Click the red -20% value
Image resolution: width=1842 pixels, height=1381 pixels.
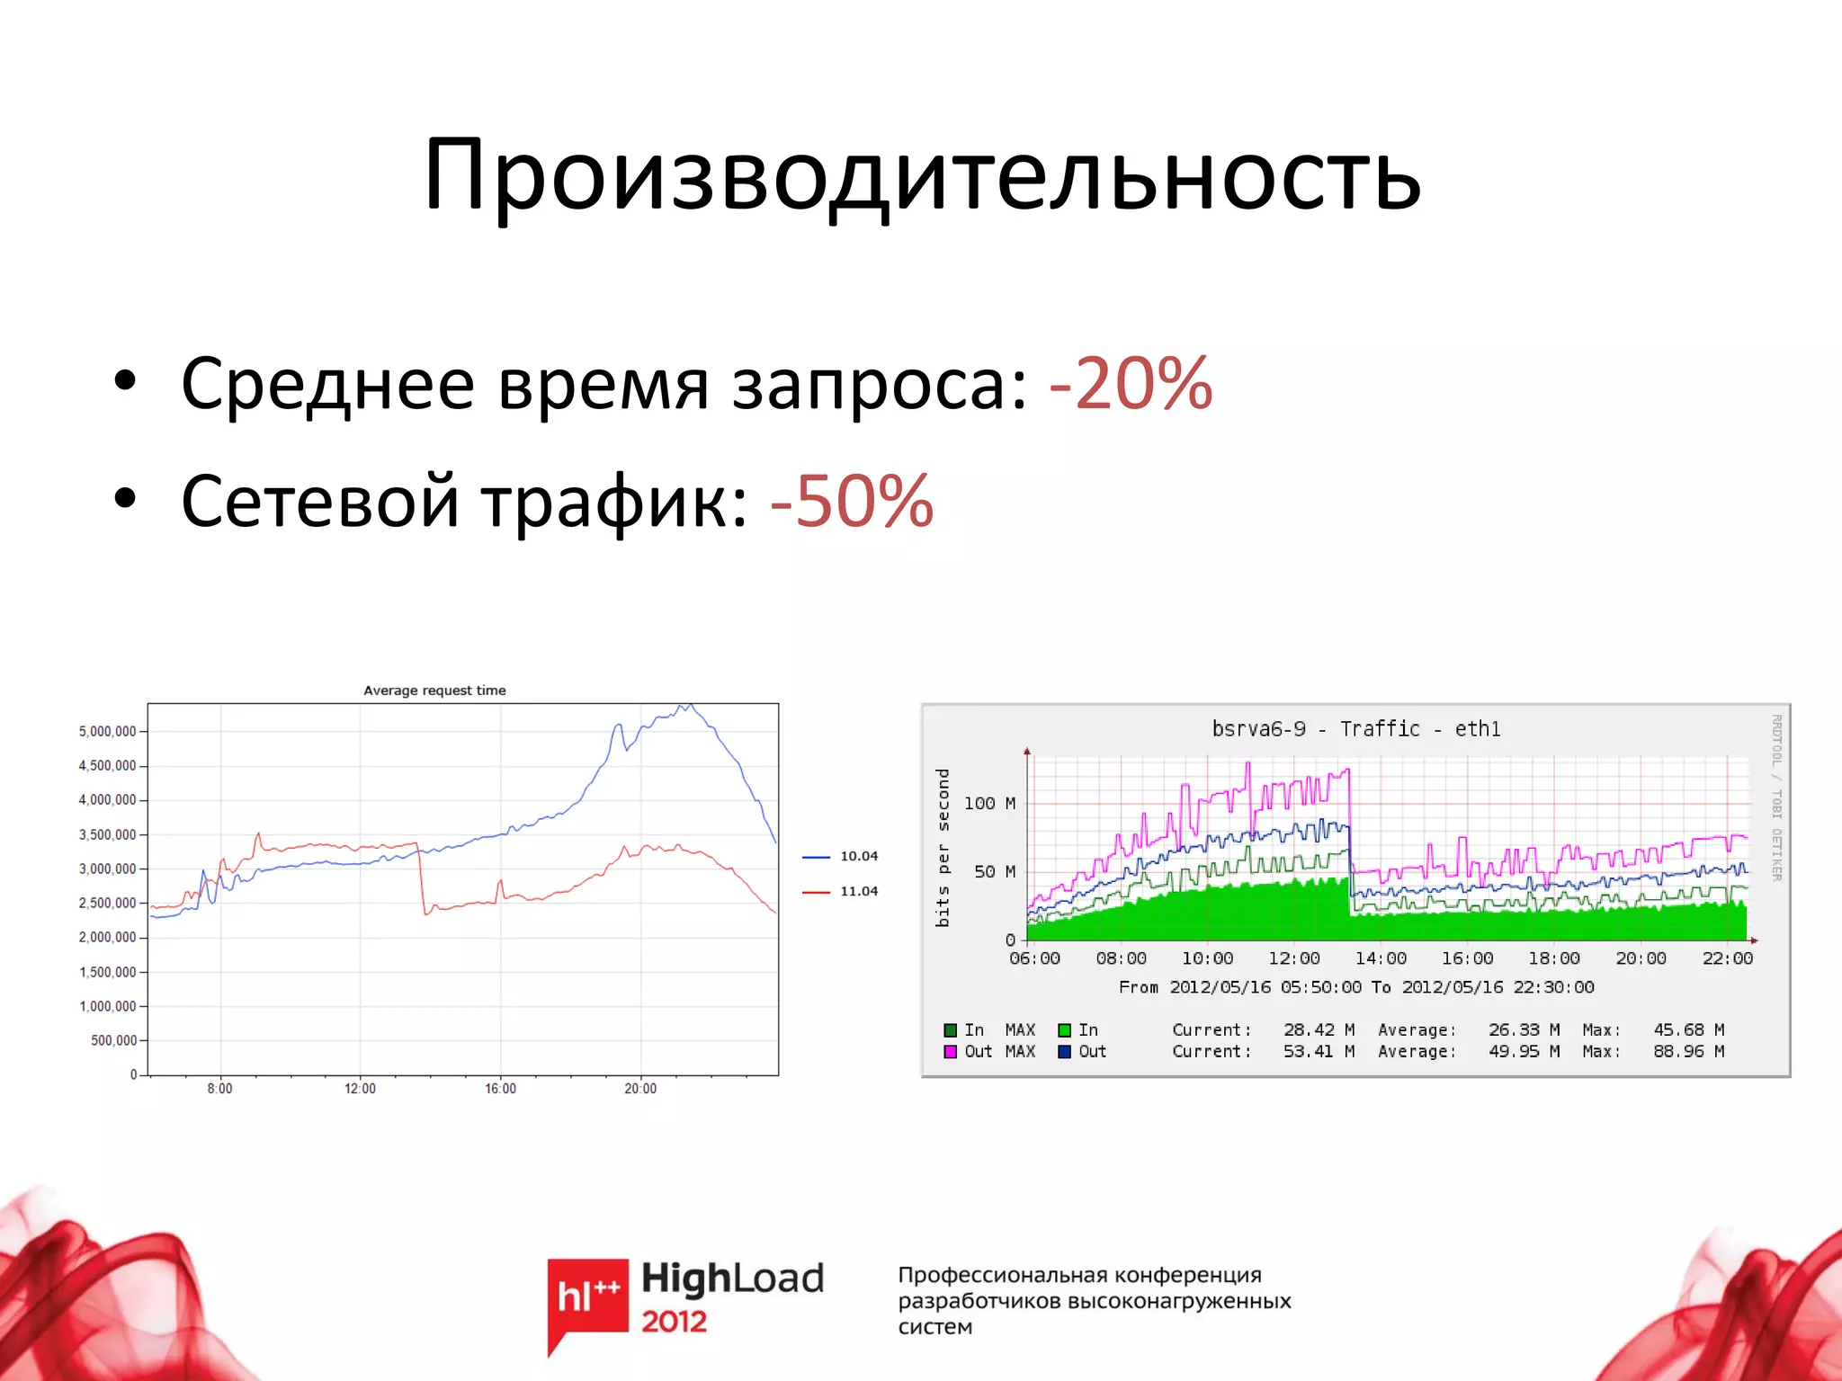click(1131, 384)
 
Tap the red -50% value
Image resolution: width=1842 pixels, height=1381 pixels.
click(852, 501)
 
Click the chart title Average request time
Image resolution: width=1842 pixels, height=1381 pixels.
click(434, 690)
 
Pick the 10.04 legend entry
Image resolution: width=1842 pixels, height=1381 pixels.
click(858, 856)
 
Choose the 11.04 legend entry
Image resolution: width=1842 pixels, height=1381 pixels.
click(858, 891)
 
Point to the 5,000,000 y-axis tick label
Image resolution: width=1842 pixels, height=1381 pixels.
click(107, 732)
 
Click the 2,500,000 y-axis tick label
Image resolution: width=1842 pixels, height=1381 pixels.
click(107, 903)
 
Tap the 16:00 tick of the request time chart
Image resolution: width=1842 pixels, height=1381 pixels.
click(500, 1089)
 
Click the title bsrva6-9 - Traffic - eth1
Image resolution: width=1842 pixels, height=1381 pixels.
click(1355, 729)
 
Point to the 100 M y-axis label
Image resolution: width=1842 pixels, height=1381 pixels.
click(988, 803)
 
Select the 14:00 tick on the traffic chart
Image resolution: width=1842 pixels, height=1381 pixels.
click(1381, 958)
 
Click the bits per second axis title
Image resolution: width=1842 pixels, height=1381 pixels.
click(943, 847)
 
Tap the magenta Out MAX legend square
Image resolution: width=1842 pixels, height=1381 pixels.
click(950, 1052)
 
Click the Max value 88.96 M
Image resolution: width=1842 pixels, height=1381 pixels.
click(1687, 1051)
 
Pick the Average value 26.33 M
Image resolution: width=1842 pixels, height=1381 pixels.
click(1524, 1029)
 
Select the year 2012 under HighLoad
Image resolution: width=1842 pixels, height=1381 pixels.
click(674, 1322)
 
